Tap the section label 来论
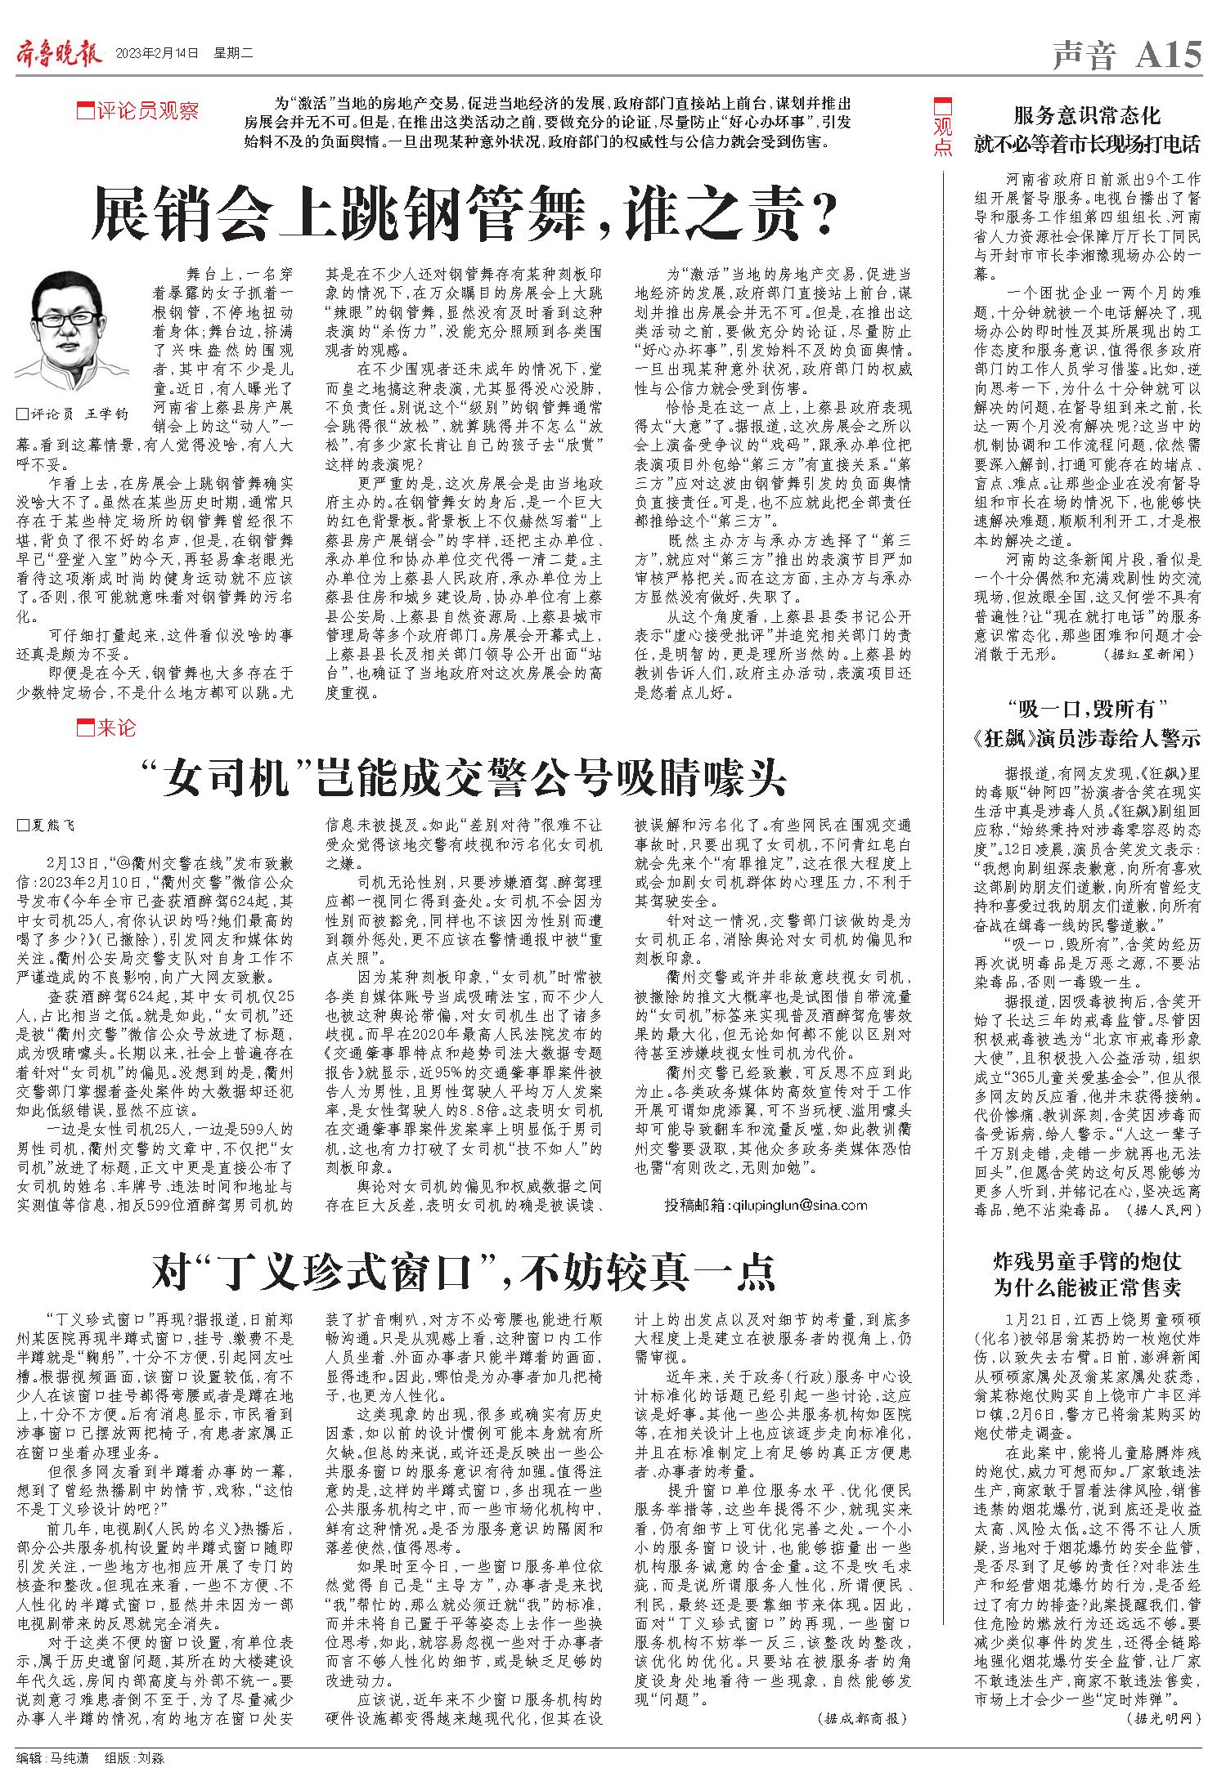click(106, 727)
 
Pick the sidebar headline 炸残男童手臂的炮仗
click(1087, 1262)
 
